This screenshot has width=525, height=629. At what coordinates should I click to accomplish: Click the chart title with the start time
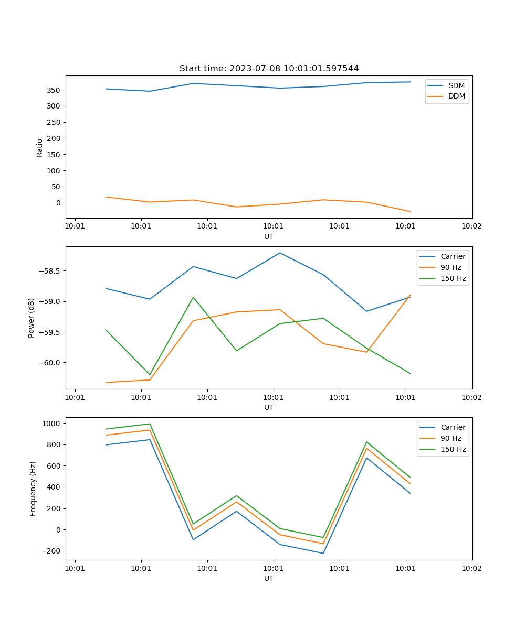coord(269,69)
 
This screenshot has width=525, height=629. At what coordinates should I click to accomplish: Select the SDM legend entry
coord(456,85)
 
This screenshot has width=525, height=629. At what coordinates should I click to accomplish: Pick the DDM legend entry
coord(456,96)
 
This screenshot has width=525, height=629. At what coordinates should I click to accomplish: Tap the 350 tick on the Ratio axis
coord(53,90)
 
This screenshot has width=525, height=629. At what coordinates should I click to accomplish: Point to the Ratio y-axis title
coord(40,147)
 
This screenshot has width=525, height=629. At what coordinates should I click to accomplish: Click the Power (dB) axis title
coord(31,318)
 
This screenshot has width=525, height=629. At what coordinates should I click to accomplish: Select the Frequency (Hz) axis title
coord(33,489)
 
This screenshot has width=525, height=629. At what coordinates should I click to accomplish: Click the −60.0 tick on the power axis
coord(50,363)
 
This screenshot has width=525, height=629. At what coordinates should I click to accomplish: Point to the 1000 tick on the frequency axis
coord(53,423)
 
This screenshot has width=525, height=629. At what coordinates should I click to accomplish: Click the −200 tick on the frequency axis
coord(52,551)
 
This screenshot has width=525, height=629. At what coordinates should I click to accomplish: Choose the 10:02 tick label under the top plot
coord(471,226)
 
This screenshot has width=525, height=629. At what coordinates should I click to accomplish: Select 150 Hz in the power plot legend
coord(453,278)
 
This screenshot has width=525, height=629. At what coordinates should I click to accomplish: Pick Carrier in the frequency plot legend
coord(452,427)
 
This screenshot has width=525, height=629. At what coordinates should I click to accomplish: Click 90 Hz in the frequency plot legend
coord(451,438)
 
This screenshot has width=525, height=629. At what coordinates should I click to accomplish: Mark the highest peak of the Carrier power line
coord(280,253)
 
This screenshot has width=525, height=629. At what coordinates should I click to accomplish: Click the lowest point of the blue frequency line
coord(323,553)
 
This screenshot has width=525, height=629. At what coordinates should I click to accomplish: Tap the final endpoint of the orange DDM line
coord(410,212)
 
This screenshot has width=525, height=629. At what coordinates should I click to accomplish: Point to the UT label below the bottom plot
coord(269,578)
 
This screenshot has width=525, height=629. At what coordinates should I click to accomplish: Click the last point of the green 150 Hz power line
coord(410,373)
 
